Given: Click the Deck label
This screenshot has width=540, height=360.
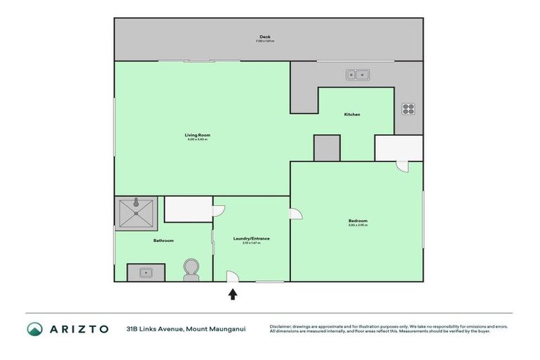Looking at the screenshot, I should coord(265,37).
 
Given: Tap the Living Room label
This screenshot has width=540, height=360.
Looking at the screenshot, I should coord(198,134).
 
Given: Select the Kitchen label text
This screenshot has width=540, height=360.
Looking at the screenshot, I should coord(352,115).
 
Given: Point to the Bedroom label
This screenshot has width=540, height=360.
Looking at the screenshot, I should coord(357,221).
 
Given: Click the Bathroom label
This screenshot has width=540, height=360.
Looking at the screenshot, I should coord(163,240).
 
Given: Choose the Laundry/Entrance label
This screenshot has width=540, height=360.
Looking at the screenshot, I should coord(251,238).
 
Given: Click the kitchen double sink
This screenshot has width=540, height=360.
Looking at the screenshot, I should coord(358,74).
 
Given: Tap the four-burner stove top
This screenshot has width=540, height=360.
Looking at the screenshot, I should coord(408,109).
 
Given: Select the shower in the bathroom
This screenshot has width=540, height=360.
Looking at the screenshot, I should coord(135,212).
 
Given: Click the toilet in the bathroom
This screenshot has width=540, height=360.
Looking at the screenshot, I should coord(191,271).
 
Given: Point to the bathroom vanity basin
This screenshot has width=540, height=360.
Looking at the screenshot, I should coord(146,272).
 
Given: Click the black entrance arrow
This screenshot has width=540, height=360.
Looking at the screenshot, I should coord(233,294).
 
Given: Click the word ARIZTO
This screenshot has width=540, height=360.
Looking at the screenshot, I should coord(79,329).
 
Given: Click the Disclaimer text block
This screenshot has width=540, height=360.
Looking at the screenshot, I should coord(388,329).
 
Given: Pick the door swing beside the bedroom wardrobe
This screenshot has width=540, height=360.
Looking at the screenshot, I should coord(401,166).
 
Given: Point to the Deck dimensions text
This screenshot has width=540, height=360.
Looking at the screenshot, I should coord(265,41).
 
